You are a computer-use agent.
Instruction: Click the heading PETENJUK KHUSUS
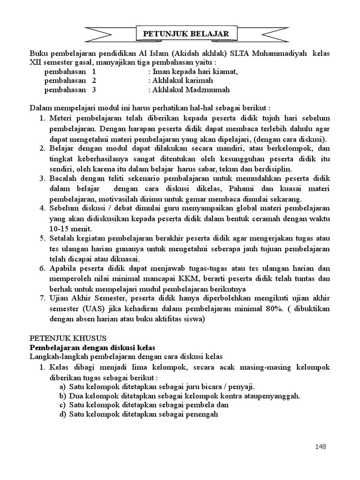click(x=68, y=338)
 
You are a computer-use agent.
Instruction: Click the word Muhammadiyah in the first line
click(x=279, y=53)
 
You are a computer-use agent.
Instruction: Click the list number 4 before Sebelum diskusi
click(x=41, y=208)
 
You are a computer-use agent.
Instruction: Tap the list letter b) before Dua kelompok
click(x=62, y=396)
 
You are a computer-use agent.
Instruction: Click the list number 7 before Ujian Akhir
click(x=41, y=299)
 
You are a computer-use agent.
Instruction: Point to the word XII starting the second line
click(x=36, y=62)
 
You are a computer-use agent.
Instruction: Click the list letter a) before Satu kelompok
click(x=62, y=386)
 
